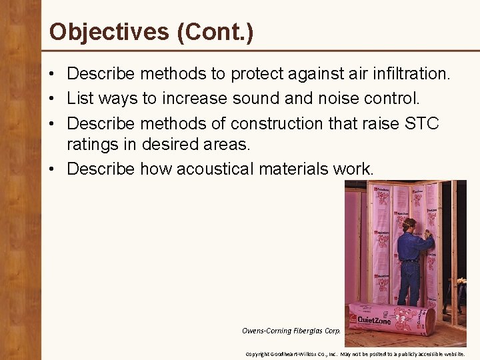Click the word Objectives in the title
109,31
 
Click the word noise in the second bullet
329,99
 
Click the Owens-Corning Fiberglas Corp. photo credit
292,330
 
